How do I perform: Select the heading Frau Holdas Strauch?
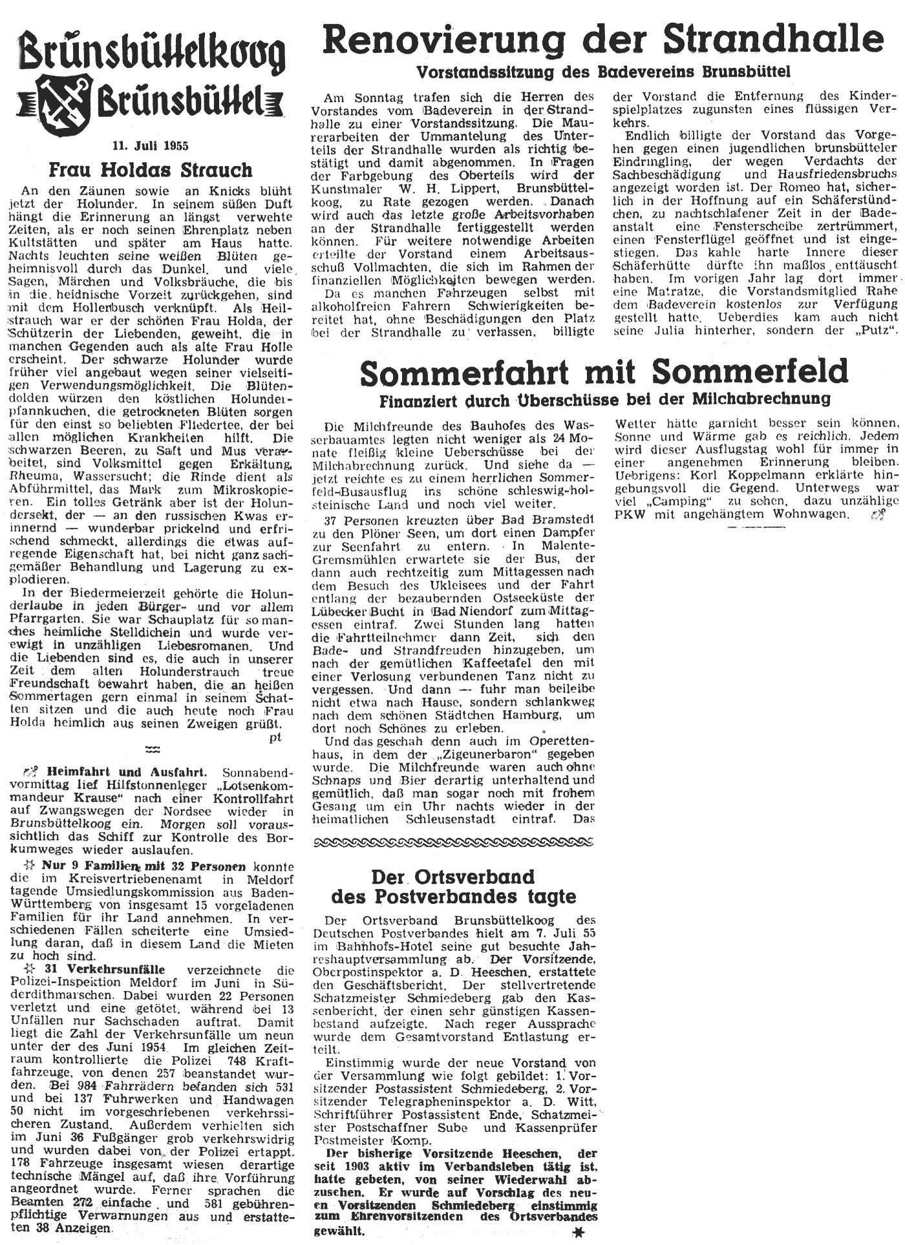click(x=151, y=171)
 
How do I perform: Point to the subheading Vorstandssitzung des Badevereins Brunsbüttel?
click(x=604, y=71)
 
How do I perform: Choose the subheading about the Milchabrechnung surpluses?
click(x=604, y=399)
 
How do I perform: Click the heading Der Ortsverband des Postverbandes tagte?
click(x=452, y=886)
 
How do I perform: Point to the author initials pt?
click(x=275, y=738)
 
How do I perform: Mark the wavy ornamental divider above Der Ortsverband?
click(x=452, y=842)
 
